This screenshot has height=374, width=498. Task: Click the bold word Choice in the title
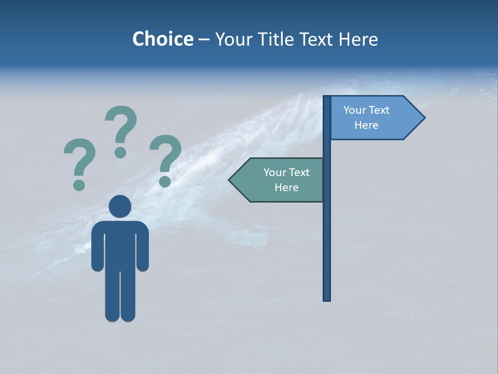(162, 39)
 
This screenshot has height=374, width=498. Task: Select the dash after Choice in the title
(204, 39)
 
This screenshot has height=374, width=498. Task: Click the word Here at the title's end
(358, 39)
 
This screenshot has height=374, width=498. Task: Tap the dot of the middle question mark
(120, 152)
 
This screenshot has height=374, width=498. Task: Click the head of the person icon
(120, 206)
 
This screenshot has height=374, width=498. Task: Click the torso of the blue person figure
(120, 244)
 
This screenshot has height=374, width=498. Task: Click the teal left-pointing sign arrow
(278, 180)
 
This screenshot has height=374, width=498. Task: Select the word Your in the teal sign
(275, 172)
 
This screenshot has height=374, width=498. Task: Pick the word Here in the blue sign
(366, 125)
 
